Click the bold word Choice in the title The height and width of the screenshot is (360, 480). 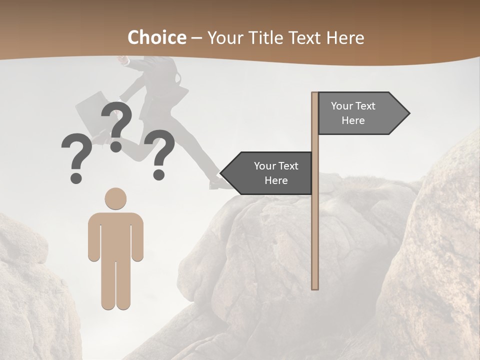pos(156,37)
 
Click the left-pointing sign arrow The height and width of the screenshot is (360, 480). pos(267,173)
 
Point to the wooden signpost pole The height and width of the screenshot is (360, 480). pos(315,225)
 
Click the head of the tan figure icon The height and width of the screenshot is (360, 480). pos(115,198)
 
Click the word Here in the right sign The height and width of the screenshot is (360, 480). pos(353,120)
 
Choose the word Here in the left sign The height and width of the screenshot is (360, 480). pos(276,180)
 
